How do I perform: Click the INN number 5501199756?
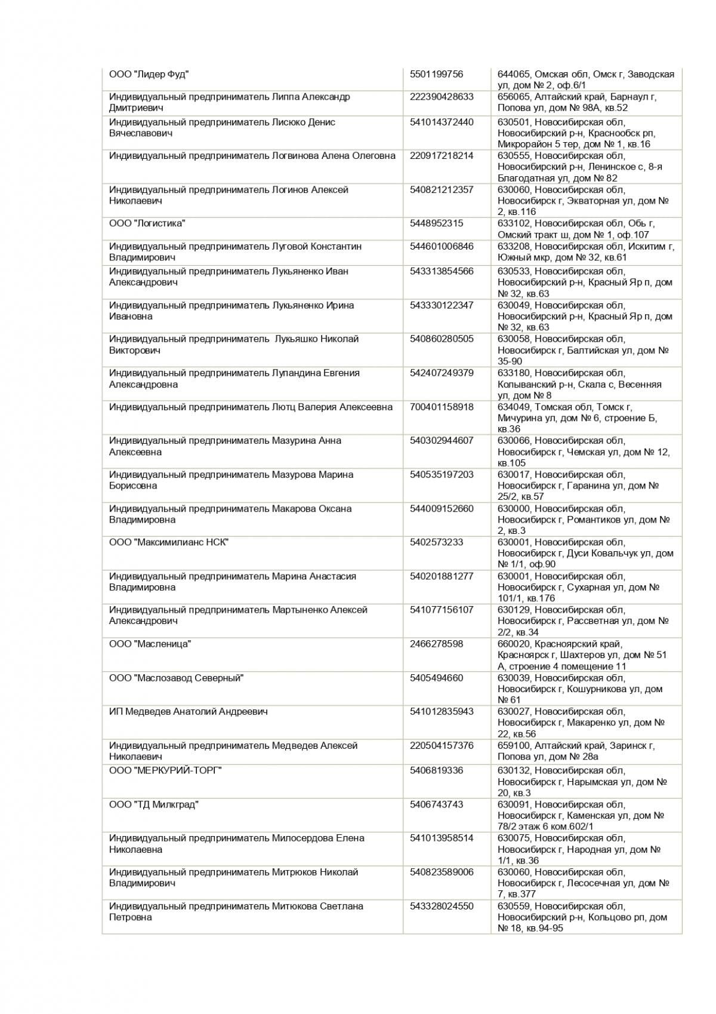[x=436, y=74]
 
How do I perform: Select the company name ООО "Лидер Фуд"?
[x=149, y=74]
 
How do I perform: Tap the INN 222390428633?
[x=442, y=97]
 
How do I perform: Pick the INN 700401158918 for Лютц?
[x=442, y=407]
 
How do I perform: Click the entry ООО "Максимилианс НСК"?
[x=169, y=542]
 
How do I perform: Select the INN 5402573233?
[x=436, y=542]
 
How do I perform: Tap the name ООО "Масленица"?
[x=150, y=644]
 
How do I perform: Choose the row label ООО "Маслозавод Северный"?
[x=177, y=678]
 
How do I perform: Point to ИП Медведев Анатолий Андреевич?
[x=189, y=711]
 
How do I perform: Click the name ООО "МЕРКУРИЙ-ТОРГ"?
[x=165, y=770]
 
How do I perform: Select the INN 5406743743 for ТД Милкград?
[x=436, y=804]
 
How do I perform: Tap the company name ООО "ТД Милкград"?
[x=154, y=804]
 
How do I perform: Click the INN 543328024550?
[x=442, y=906]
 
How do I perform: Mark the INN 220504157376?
[x=442, y=745]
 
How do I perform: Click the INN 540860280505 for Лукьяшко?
[x=442, y=339]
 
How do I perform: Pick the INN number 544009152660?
[x=442, y=509]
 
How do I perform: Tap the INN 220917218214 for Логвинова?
[x=442, y=155]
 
